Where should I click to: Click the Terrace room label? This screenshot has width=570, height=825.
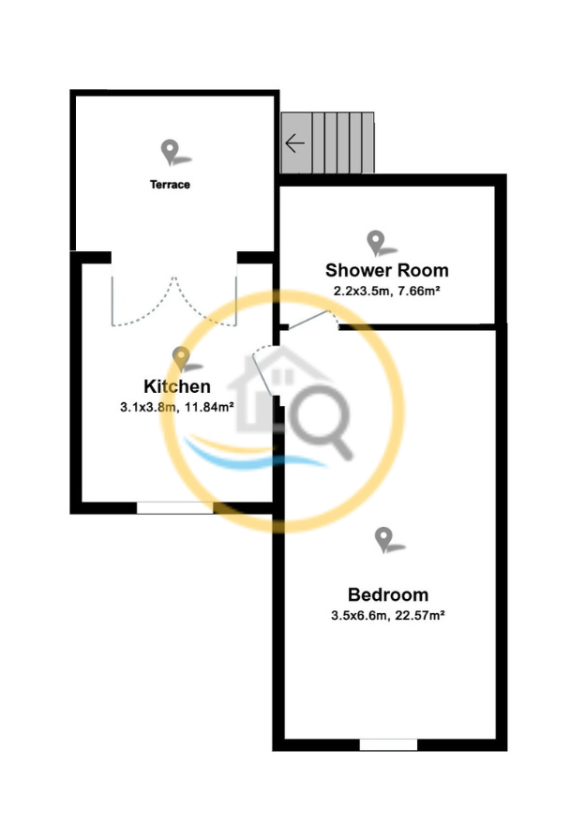coord(170,185)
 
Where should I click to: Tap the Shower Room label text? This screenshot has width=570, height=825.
coord(387,270)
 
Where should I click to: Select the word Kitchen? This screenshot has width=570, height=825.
coord(177,386)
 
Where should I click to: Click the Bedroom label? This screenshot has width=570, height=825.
coord(388,594)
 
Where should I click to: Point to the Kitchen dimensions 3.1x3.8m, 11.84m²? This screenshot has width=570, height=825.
coord(177,407)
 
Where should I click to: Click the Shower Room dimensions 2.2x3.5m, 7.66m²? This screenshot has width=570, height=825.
coord(387,291)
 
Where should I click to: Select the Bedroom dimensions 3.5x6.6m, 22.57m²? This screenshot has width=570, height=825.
coord(388,615)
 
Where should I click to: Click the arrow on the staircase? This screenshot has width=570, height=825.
coord(294,142)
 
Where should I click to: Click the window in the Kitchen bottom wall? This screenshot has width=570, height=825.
coord(174,508)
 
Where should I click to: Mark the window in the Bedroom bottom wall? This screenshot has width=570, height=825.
coord(388,744)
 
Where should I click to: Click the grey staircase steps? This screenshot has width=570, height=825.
coord(327,142)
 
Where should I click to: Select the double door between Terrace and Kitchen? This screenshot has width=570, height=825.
coord(174,300)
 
